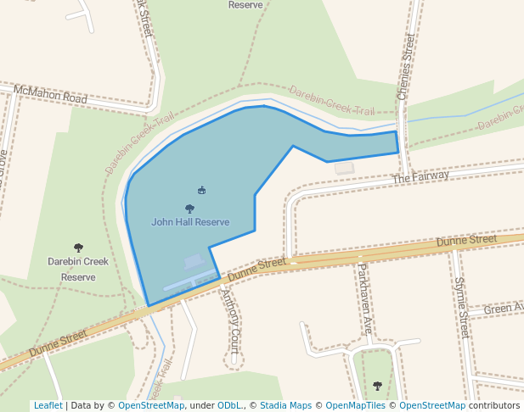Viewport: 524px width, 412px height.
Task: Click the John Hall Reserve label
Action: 190,222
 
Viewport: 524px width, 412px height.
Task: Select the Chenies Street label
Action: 408,66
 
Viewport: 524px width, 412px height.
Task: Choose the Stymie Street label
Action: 462,307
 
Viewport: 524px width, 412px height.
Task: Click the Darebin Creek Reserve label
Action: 78,269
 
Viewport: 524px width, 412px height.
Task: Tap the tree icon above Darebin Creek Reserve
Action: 79,248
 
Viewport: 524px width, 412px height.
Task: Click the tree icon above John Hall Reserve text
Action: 189,208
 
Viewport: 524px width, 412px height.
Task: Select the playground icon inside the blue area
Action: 201,190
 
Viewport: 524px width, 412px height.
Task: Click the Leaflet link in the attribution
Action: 48,405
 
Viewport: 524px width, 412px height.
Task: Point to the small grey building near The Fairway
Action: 344,168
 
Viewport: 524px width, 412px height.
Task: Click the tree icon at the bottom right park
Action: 378,386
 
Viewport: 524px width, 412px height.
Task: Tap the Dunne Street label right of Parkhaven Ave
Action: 466,241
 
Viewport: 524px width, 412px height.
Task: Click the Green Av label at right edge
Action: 504,308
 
